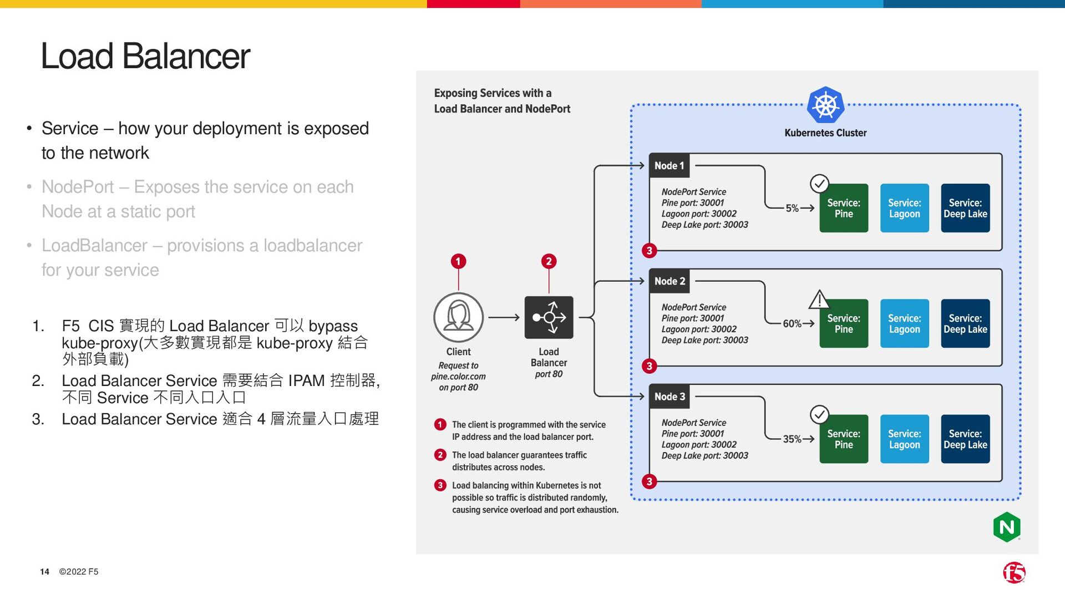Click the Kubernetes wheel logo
click(825, 105)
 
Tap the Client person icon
click(458, 317)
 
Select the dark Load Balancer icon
click(549, 317)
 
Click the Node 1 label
click(670, 166)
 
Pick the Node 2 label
click(670, 281)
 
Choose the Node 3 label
click(670, 397)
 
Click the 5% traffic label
click(792, 209)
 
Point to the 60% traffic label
click(792, 324)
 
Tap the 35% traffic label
click(792, 439)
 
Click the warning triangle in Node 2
click(819, 300)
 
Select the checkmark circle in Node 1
click(819, 183)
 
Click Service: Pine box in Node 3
click(844, 439)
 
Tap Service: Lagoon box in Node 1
click(904, 209)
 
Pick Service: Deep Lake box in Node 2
click(965, 324)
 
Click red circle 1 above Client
click(458, 261)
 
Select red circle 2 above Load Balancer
click(549, 261)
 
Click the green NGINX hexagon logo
click(1007, 527)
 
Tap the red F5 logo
click(1014, 572)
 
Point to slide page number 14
click(44, 572)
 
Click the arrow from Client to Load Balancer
click(504, 318)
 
